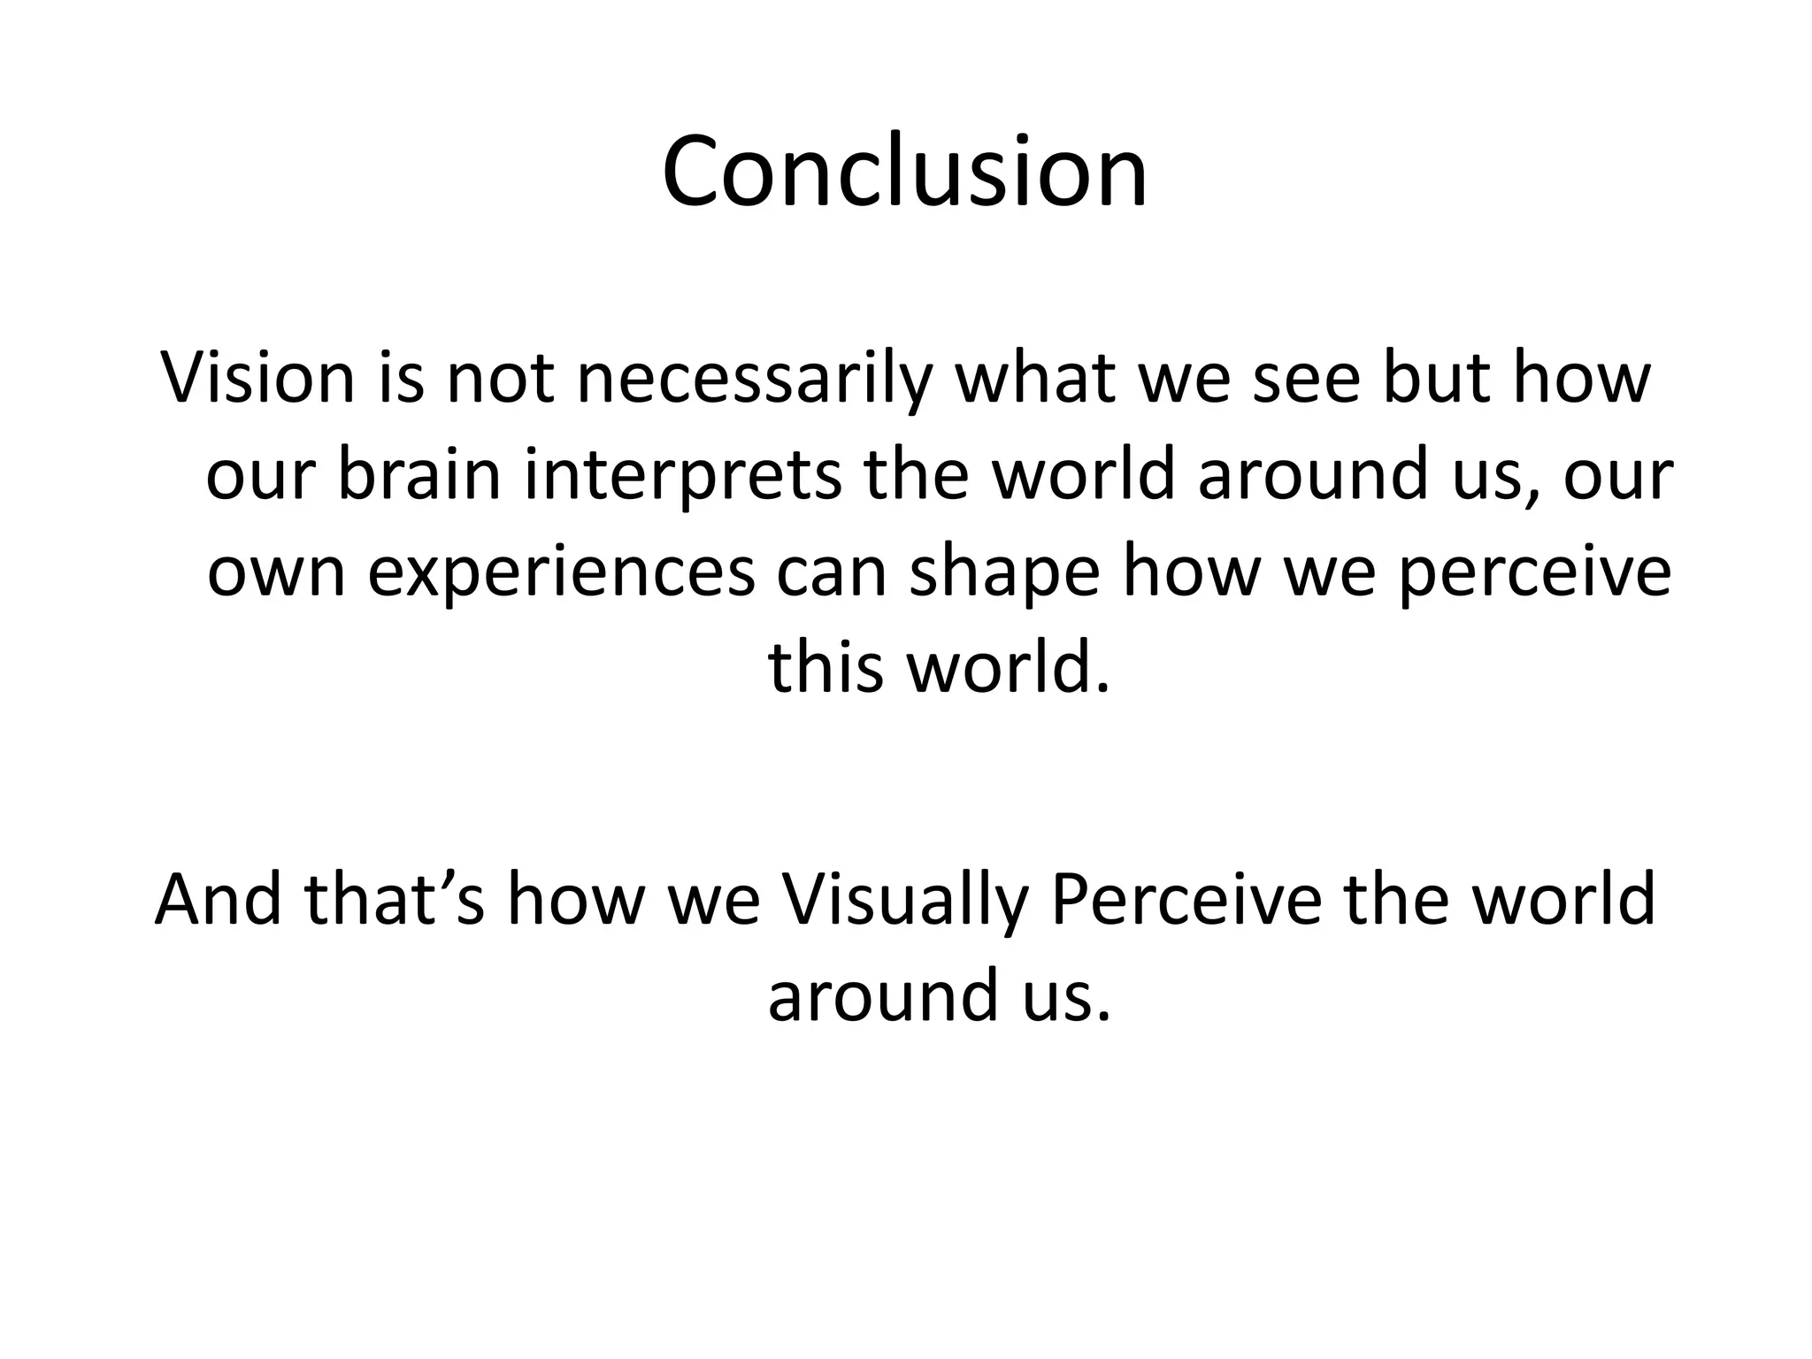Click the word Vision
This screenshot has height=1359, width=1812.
[x=257, y=378]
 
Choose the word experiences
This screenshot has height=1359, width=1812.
[x=561, y=573]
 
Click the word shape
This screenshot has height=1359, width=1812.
[x=1004, y=573]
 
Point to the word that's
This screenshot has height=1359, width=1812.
[x=395, y=900]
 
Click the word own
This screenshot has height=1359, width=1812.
[x=276, y=573]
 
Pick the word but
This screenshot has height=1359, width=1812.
[x=1436, y=378]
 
